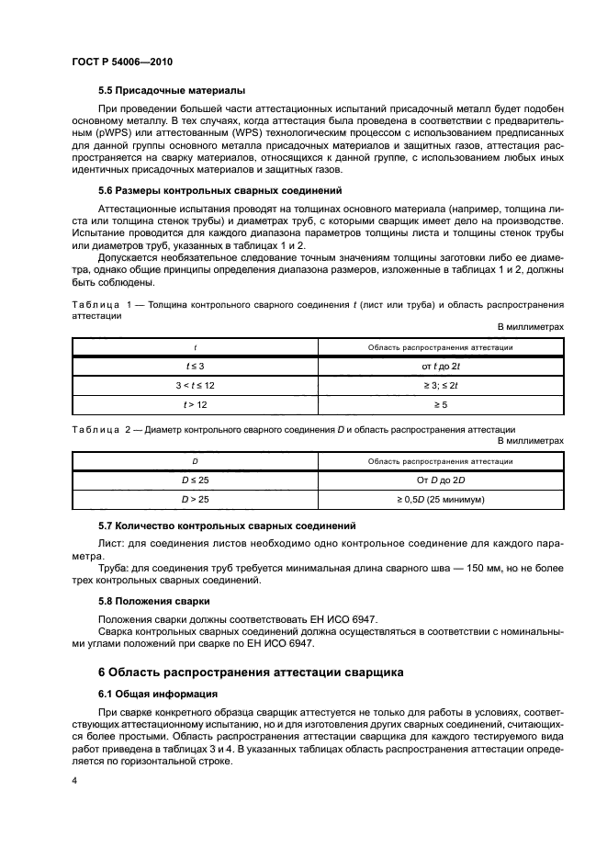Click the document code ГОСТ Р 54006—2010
click(122, 62)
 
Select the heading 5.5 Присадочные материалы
click(171, 91)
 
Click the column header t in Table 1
click(195, 347)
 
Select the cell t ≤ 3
click(195, 367)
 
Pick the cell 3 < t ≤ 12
click(195, 386)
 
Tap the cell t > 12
click(195, 405)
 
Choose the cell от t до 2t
click(440, 367)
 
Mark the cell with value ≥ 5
click(440, 405)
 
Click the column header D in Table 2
click(195, 461)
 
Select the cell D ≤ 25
click(195, 480)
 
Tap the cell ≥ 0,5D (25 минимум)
click(440, 500)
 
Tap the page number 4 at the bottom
click(74, 781)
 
